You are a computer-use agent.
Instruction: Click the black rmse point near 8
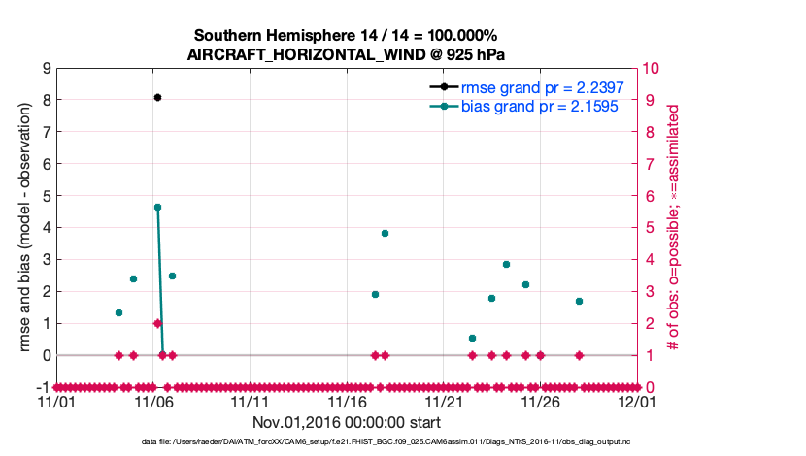[x=157, y=97]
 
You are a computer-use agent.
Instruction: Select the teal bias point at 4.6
[x=157, y=207]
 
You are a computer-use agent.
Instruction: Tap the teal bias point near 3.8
[x=385, y=233]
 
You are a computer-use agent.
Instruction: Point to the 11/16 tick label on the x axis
[x=348, y=401]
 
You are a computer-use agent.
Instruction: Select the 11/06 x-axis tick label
[x=153, y=401]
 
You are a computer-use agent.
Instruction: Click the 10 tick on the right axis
[x=652, y=68]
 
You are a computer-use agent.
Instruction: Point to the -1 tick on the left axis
[x=44, y=387]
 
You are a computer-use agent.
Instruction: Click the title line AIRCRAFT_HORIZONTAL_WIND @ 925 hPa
[x=347, y=54]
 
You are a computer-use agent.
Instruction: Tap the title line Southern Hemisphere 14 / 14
[x=347, y=36]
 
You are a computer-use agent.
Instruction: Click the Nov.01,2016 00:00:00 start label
[x=347, y=422]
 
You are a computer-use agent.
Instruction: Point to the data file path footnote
[x=347, y=442]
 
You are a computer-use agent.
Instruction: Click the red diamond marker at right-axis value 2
[x=157, y=323]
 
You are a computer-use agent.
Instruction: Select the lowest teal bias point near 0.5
[x=472, y=338]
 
